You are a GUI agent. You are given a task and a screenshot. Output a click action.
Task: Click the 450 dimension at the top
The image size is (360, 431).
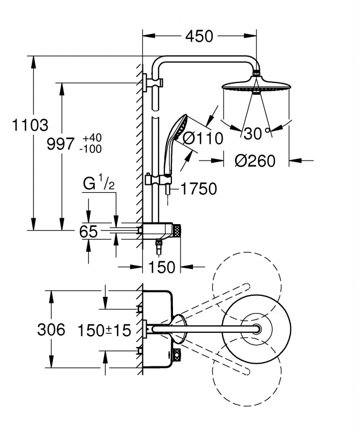[199, 36]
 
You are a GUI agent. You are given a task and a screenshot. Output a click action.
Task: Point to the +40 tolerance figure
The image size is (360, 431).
[92, 138]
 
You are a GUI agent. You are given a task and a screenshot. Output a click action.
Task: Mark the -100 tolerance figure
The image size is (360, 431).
[91, 149]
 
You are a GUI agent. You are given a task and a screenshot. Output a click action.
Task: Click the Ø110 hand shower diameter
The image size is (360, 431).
[202, 138]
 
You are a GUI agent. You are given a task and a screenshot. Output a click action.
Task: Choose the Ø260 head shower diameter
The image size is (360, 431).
[255, 161]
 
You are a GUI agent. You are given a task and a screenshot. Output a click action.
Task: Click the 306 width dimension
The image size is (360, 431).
[51, 329]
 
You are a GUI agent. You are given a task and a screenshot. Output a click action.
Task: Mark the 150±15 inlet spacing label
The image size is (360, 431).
[105, 330]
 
